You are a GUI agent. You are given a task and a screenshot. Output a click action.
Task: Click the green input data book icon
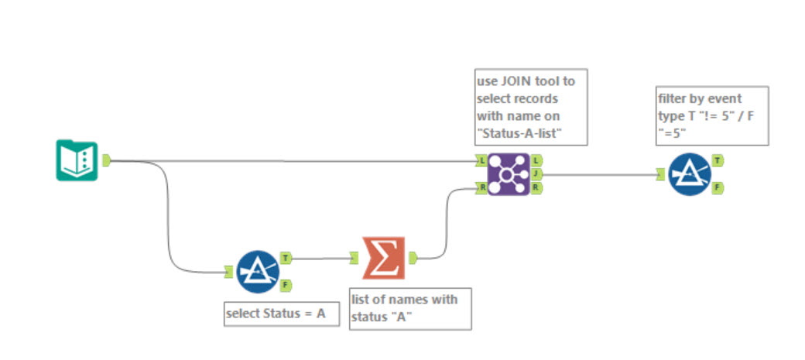click(x=77, y=160)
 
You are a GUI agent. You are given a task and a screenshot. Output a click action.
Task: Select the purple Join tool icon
click(x=509, y=173)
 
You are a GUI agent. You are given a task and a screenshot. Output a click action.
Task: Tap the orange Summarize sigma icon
click(x=383, y=257)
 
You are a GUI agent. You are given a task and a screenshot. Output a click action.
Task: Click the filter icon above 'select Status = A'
click(x=257, y=271)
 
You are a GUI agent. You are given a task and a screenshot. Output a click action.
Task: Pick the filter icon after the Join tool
click(x=690, y=173)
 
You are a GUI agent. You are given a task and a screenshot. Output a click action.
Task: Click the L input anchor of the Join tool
click(x=481, y=160)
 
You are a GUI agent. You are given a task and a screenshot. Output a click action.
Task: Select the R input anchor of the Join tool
click(x=481, y=187)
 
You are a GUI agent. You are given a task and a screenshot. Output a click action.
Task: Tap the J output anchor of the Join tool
click(x=536, y=174)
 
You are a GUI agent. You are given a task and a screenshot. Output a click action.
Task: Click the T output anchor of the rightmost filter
click(x=718, y=160)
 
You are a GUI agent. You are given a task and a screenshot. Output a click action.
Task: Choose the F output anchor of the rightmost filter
click(x=718, y=187)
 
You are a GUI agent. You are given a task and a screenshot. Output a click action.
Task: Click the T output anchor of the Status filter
click(x=285, y=257)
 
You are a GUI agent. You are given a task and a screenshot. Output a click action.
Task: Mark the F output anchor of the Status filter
click(x=285, y=285)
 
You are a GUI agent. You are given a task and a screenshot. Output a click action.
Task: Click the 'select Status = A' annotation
click(x=281, y=314)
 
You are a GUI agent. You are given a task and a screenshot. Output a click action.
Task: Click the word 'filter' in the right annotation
click(x=673, y=98)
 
